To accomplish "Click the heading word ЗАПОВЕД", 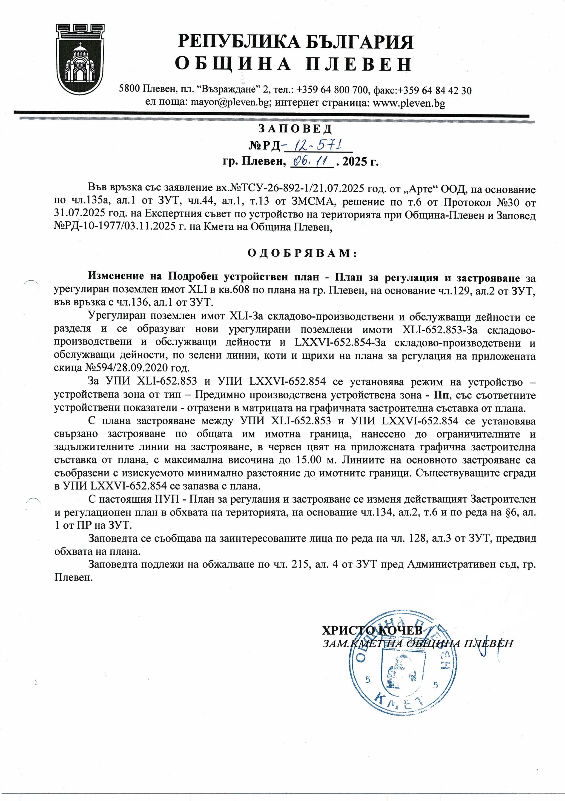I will pos(295,129).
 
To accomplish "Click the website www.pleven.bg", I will pos(409,103).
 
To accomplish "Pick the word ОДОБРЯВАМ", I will pos(302,253).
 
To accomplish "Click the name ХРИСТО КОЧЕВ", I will pos(372,630).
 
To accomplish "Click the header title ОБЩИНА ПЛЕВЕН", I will pos(293,64).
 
